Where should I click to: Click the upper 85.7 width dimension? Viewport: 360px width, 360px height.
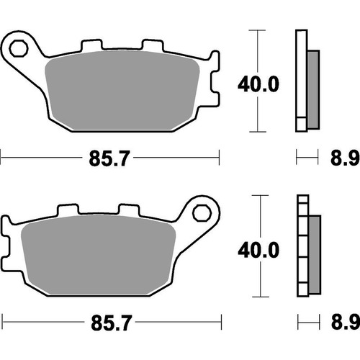pyautogui.click(x=110, y=155)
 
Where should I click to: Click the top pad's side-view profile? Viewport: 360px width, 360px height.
pyautogui.click(x=306, y=81)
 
